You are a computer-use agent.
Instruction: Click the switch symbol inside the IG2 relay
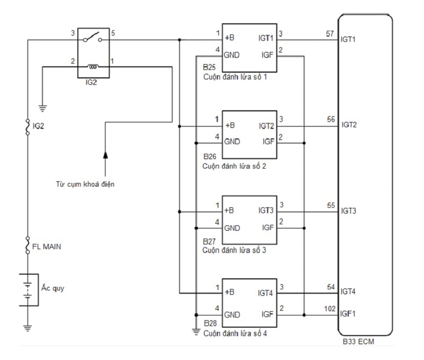click(92, 37)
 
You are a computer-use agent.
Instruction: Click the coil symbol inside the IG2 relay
click(93, 66)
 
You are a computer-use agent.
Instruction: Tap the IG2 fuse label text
click(38, 126)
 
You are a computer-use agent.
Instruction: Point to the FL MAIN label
click(47, 247)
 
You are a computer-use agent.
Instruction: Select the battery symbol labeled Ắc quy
click(28, 289)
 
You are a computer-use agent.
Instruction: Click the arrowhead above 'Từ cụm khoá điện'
click(105, 155)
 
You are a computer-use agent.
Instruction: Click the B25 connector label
click(209, 67)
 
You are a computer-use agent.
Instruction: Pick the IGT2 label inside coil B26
click(267, 126)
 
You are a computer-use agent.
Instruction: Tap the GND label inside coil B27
click(232, 228)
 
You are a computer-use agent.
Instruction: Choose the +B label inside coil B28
click(229, 292)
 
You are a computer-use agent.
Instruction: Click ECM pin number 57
click(330, 34)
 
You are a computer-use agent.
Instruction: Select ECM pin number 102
click(330, 309)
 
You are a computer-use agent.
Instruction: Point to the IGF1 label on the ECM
click(348, 314)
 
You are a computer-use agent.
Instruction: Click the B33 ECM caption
click(359, 341)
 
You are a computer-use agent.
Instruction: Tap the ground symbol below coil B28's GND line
click(196, 332)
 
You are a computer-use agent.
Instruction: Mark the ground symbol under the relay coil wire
click(42, 108)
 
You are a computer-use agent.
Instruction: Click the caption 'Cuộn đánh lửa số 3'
click(234, 250)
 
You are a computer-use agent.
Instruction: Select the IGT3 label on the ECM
click(349, 210)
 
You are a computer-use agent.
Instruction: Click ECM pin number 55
click(331, 205)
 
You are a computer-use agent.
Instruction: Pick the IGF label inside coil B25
click(268, 55)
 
